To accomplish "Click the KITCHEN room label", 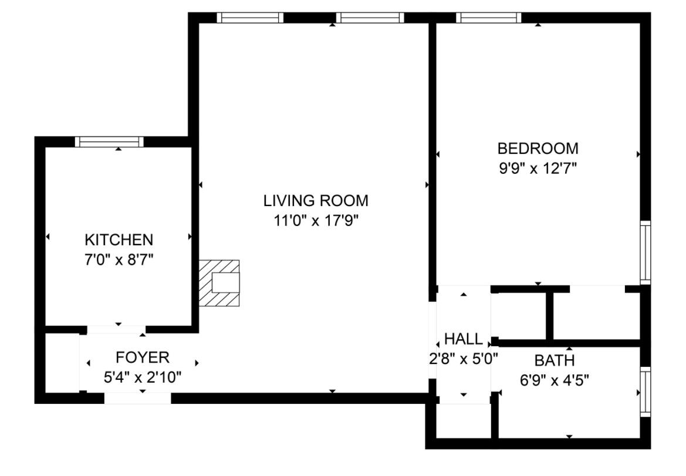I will tap(119, 239).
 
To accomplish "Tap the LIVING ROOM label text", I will tap(316, 201).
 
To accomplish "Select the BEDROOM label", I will tap(538, 148).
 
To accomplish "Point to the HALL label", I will tap(464, 339).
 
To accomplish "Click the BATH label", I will tap(554, 360).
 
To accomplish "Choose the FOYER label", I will tap(142, 357).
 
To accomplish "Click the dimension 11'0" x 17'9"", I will tap(316, 221).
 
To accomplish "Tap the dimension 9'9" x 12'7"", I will tap(538, 168).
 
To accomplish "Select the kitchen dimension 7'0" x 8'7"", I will tap(119, 259).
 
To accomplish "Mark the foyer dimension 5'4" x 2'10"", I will tap(142, 377).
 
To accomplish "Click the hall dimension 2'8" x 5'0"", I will tap(464, 359).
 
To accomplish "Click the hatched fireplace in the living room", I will tap(219, 283).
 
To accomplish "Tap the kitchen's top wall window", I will tap(110, 141).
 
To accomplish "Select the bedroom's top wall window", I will tap(489, 18).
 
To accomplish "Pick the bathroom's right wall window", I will tap(646, 391).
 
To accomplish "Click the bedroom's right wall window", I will tap(646, 252).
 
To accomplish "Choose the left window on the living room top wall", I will tap(250, 18).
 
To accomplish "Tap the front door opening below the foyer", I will tap(138, 399).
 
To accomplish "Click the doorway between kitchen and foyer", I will tap(116, 329).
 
